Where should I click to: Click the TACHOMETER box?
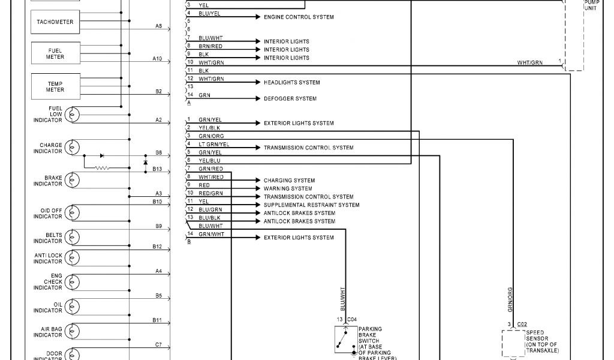pos(55,22)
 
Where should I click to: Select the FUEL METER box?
pos(55,53)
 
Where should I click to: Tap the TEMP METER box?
pos(55,86)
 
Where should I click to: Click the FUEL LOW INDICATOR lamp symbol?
pos(73,114)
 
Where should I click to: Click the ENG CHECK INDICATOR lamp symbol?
pos(73,280)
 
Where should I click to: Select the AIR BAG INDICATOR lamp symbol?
pos(73,331)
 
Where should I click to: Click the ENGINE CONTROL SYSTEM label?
pos(299,17)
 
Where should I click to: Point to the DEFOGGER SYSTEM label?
pos(290,98)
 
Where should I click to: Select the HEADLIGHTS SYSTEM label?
pos(292,82)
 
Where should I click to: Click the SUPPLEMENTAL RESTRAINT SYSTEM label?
pos(312,205)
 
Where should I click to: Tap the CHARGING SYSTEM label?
pos(289,181)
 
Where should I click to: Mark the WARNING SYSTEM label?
pos(288,188)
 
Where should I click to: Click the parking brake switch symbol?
pos(345,340)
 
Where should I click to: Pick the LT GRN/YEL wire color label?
pos(213,144)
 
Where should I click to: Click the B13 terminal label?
pos(157,169)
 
